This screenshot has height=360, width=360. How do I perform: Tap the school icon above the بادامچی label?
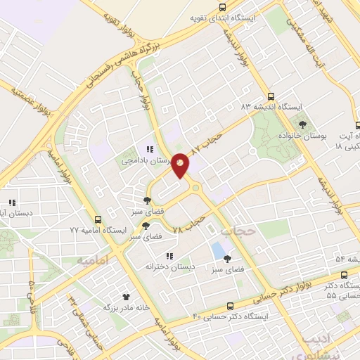click(x=149, y=149)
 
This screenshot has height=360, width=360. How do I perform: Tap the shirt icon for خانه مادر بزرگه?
click(x=127, y=297)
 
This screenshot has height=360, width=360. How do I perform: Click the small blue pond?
click(x=219, y=250)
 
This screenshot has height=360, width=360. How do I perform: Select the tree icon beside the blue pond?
click(x=226, y=259)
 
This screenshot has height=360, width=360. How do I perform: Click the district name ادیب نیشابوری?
click(x=320, y=345)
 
